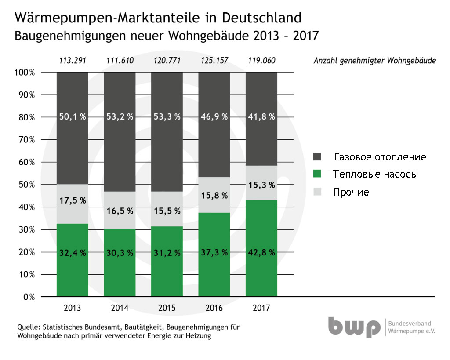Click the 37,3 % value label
pos(214,252)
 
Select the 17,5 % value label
pos(72,200)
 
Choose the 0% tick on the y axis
pos(29,297)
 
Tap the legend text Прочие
pos(351,192)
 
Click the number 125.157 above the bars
pos(214,61)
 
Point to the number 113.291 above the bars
pos(72,61)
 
